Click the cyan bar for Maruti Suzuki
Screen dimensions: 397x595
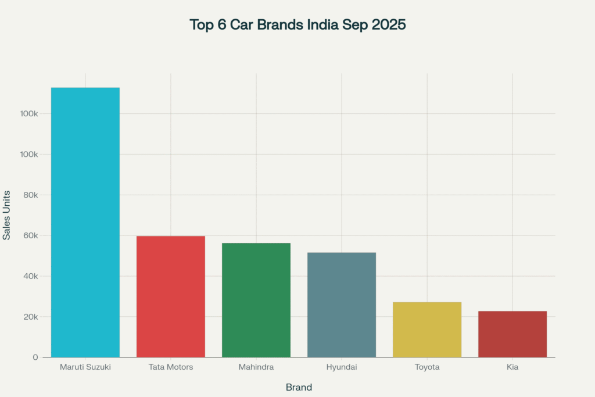(x=85, y=222)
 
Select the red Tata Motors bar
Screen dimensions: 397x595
(x=170, y=296)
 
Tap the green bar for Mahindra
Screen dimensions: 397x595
(x=256, y=300)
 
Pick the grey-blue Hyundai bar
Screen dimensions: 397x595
(x=341, y=305)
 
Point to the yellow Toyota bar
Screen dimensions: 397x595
(x=426, y=330)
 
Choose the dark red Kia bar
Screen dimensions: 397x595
(x=512, y=334)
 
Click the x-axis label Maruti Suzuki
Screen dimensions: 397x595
(x=85, y=367)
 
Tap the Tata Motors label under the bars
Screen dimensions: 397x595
(x=170, y=367)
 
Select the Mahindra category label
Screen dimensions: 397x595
(x=256, y=367)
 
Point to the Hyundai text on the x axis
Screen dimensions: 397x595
(x=341, y=367)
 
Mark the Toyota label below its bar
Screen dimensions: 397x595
(x=426, y=367)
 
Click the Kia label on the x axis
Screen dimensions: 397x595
(x=512, y=367)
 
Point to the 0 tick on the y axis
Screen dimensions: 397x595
(x=35, y=357)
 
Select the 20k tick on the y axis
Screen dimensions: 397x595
(x=30, y=317)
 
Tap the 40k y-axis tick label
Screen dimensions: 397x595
(x=30, y=276)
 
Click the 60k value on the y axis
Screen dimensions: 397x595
(x=30, y=235)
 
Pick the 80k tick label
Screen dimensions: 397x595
(x=30, y=195)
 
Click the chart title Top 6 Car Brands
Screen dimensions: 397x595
(x=297, y=26)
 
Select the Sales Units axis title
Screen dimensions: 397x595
(x=7, y=214)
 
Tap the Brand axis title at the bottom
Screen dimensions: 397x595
(x=299, y=387)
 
